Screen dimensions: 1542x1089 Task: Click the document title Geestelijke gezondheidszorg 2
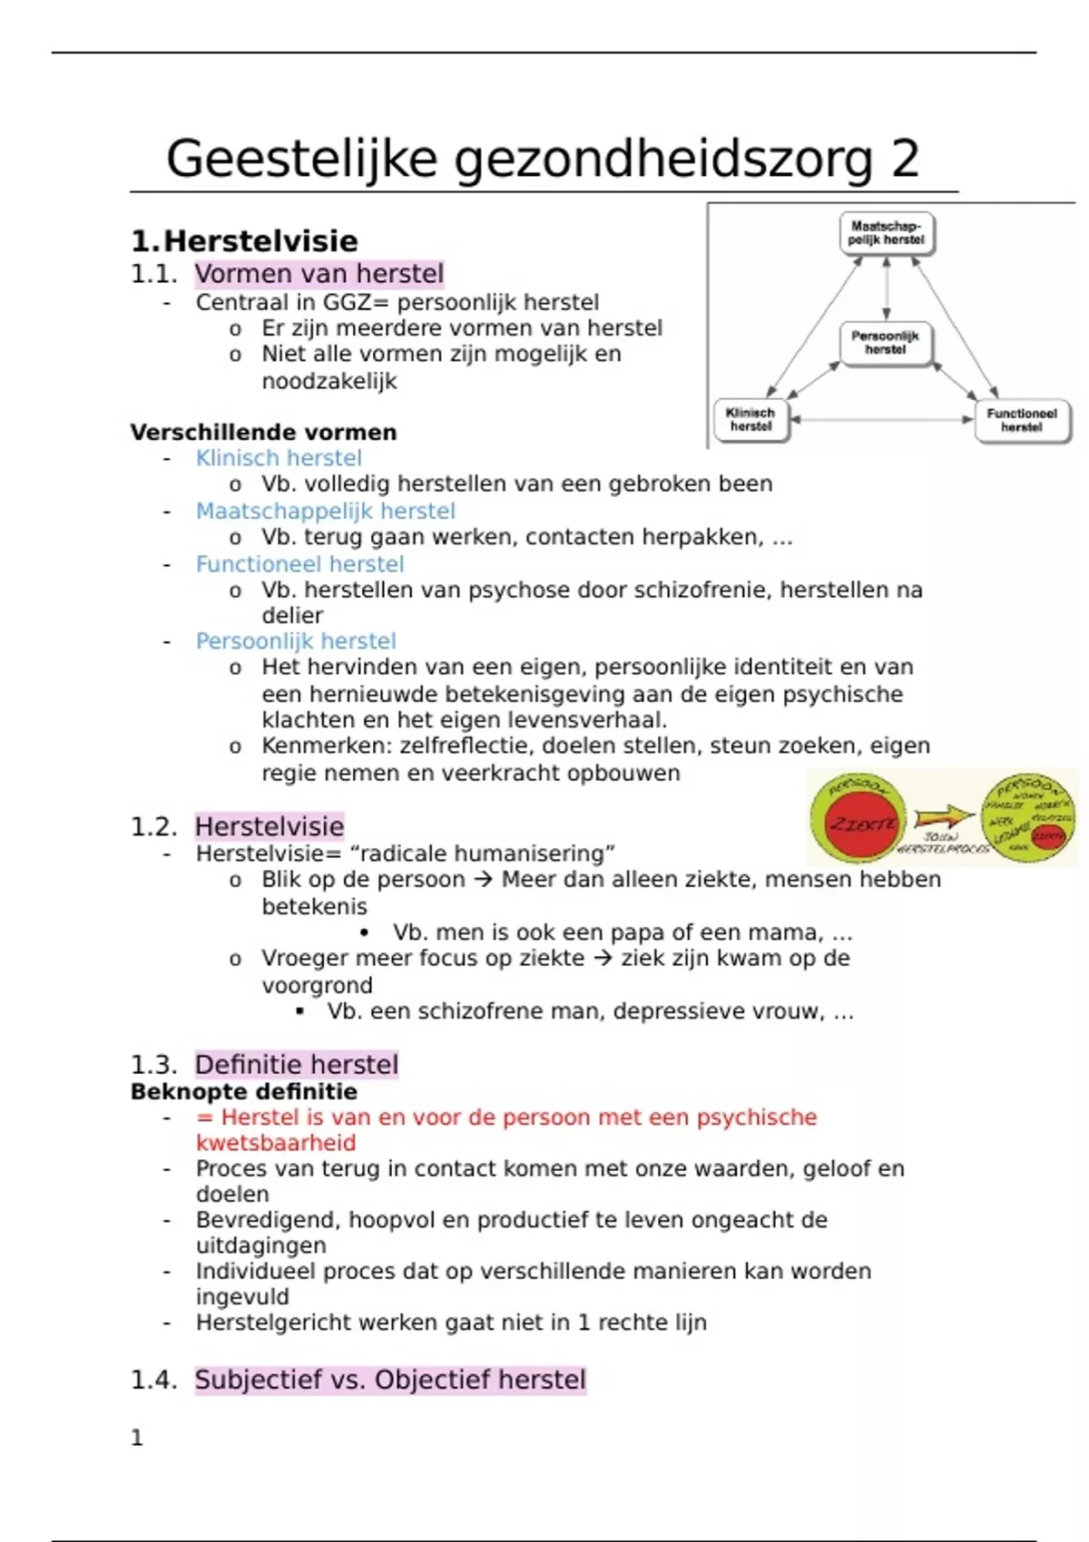point(543,160)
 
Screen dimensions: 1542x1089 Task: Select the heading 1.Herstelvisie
point(244,241)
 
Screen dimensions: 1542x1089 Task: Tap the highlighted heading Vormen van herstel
point(319,274)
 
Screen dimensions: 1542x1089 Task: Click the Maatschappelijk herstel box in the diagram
point(886,233)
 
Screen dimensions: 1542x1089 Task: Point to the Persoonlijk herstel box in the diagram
point(885,343)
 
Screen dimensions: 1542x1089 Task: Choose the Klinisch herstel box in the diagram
point(751,420)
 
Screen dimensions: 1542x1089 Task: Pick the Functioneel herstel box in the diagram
point(1022,420)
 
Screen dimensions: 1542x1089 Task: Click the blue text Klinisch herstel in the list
point(279,458)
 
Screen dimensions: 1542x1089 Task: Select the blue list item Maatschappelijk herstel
point(325,512)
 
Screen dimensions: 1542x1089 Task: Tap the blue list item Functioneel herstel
point(299,564)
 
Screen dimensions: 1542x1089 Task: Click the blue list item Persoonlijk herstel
point(296,641)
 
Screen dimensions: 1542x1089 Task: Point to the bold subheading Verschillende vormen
point(263,433)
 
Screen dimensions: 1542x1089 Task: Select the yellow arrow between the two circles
point(943,816)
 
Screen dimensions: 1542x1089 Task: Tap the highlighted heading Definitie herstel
point(296,1064)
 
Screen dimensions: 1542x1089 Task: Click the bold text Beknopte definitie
point(243,1091)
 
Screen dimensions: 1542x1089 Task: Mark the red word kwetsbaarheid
point(276,1143)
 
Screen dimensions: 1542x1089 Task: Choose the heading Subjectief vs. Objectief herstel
point(389,1380)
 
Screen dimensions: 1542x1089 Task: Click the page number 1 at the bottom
point(137,1438)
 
